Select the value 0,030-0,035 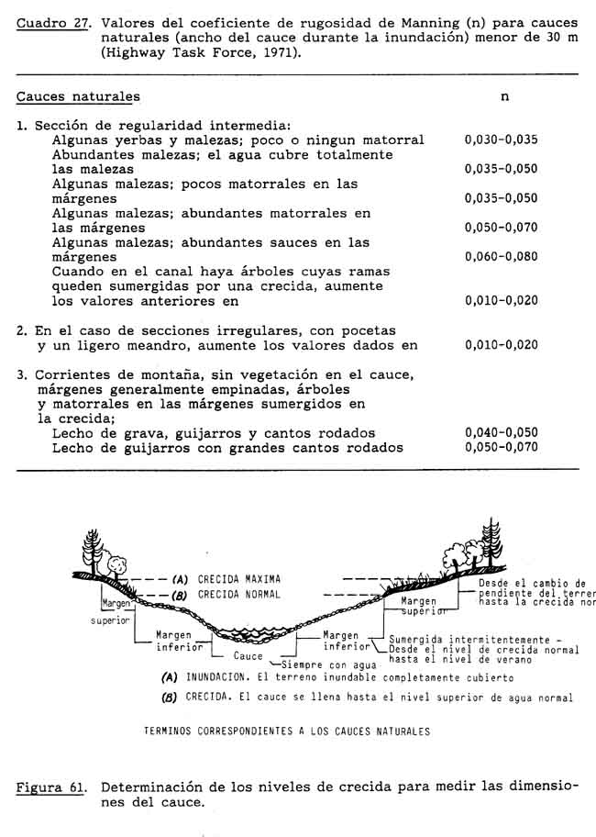tap(501, 140)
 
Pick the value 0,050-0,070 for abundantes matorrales tap(501, 228)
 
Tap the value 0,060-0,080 tap(501, 257)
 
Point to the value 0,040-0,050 tap(501, 433)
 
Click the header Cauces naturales tap(79, 96)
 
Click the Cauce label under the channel tap(248, 656)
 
